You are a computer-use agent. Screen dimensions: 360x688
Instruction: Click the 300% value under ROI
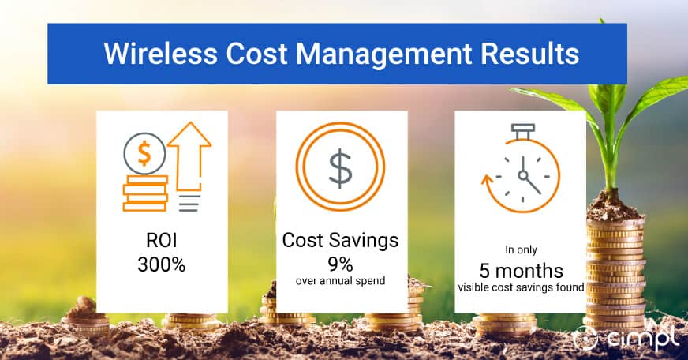coord(162,264)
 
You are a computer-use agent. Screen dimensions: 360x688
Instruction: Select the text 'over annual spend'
coord(341,280)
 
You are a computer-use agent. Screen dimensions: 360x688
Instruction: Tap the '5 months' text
coord(521,269)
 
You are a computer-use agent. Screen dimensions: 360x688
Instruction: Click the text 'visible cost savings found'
coord(521,287)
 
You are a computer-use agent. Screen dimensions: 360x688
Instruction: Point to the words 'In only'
coord(521,250)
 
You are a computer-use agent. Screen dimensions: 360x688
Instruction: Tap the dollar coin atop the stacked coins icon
coord(145,152)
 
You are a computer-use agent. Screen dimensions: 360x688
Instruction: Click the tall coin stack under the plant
coord(615,268)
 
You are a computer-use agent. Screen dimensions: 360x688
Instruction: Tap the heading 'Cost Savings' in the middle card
coord(342,241)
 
